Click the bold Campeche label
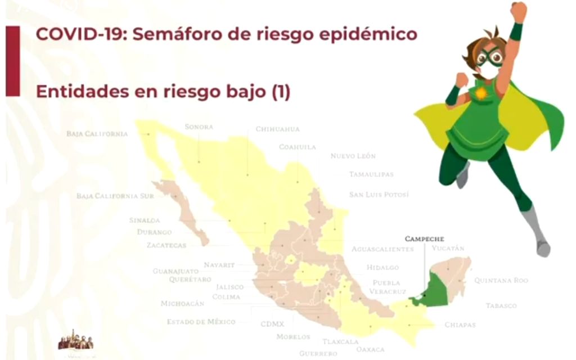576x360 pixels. (424, 238)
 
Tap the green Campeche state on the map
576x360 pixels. (433, 290)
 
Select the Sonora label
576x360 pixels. (199, 127)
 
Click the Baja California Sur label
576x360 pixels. (107, 196)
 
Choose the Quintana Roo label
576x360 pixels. (501, 280)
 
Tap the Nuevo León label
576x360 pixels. (353, 156)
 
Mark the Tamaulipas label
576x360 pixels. (371, 174)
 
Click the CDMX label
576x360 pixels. (272, 324)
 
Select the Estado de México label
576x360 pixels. (201, 322)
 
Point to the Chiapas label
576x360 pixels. (460, 325)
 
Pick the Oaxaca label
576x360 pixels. (371, 349)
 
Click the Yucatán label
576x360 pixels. (448, 247)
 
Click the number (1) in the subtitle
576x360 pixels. (281, 92)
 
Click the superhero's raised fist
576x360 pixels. (518, 11)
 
